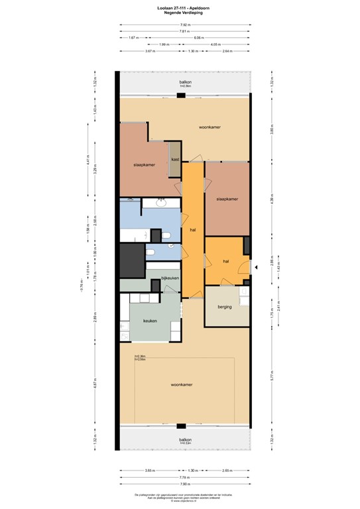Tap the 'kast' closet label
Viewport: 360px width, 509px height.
pyautogui.click(x=174, y=160)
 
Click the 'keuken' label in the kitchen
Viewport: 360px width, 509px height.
pyautogui.click(x=150, y=320)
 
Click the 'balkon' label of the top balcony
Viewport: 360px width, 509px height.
pyautogui.click(x=185, y=82)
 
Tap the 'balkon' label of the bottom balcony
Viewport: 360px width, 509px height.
pyautogui.click(x=185, y=439)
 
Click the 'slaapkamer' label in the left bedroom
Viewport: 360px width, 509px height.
pyautogui.click(x=144, y=164)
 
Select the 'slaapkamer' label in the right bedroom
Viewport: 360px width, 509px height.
pyautogui.click(x=227, y=198)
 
